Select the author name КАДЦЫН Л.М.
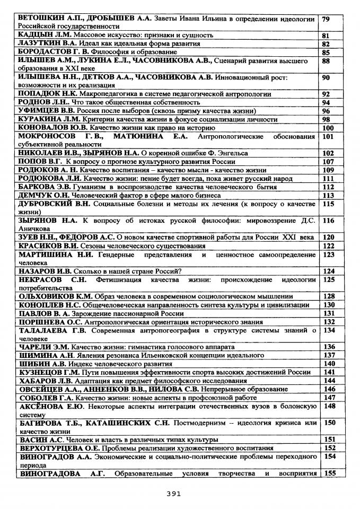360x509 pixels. click(x=40, y=35)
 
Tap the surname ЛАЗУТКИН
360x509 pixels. click(x=40, y=43)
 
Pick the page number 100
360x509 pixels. click(x=328, y=128)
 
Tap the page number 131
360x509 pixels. click(x=328, y=313)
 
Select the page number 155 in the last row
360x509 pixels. click(x=328, y=473)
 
